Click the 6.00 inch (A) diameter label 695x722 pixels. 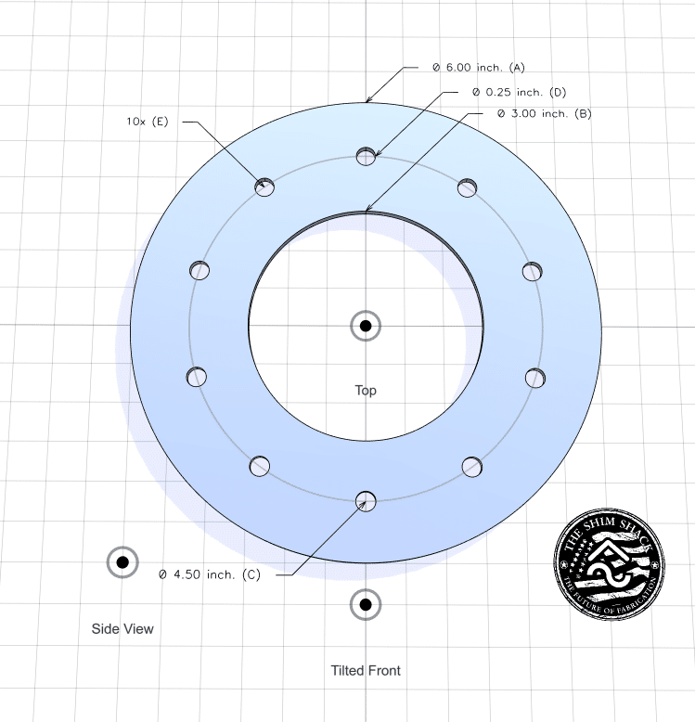click(x=479, y=68)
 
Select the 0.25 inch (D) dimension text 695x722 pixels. click(x=520, y=92)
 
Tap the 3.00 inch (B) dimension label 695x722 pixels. click(x=544, y=113)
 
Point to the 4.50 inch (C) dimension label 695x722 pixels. click(x=210, y=574)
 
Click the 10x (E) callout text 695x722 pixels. click(x=148, y=122)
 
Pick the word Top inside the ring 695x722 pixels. click(x=366, y=391)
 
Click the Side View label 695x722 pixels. click(x=122, y=628)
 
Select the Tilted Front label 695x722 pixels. click(x=366, y=670)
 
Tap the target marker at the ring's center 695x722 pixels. click(x=366, y=326)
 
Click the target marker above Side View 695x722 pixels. click(x=122, y=562)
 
